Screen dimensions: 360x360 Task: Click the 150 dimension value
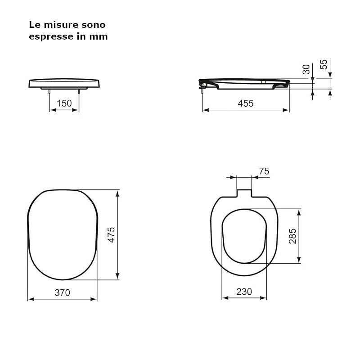click(64, 103)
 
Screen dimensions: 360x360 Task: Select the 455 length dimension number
click(246, 103)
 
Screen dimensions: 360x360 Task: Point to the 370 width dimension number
click(62, 292)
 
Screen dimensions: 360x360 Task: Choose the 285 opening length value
click(292, 236)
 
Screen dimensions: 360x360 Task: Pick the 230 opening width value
click(244, 292)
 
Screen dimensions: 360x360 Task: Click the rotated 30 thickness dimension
click(306, 69)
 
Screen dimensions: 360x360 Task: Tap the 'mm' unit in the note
click(100, 37)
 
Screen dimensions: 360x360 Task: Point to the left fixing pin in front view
click(49, 91)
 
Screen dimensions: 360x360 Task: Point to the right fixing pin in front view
click(79, 91)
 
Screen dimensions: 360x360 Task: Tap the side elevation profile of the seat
click(245, 84)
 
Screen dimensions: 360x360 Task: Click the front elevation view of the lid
click(64, 84)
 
